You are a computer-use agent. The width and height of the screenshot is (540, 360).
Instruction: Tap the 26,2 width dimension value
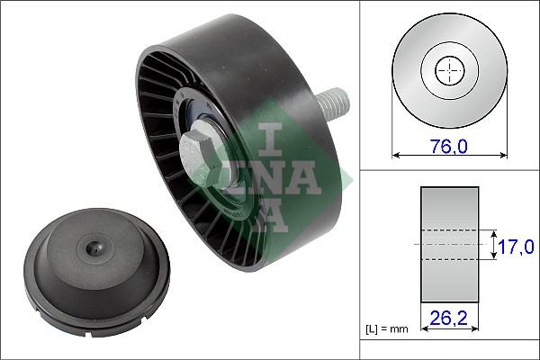tap(449, 316)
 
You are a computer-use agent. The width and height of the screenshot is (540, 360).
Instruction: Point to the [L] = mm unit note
tap(387, 329)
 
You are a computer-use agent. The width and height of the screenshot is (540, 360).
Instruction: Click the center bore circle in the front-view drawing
tap(449, 71)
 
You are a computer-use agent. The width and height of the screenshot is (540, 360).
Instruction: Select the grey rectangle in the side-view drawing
tap(449, 244)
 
